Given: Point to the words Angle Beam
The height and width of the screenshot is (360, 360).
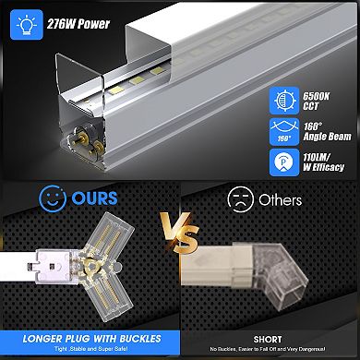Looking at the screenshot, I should [x=319, y=136].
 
